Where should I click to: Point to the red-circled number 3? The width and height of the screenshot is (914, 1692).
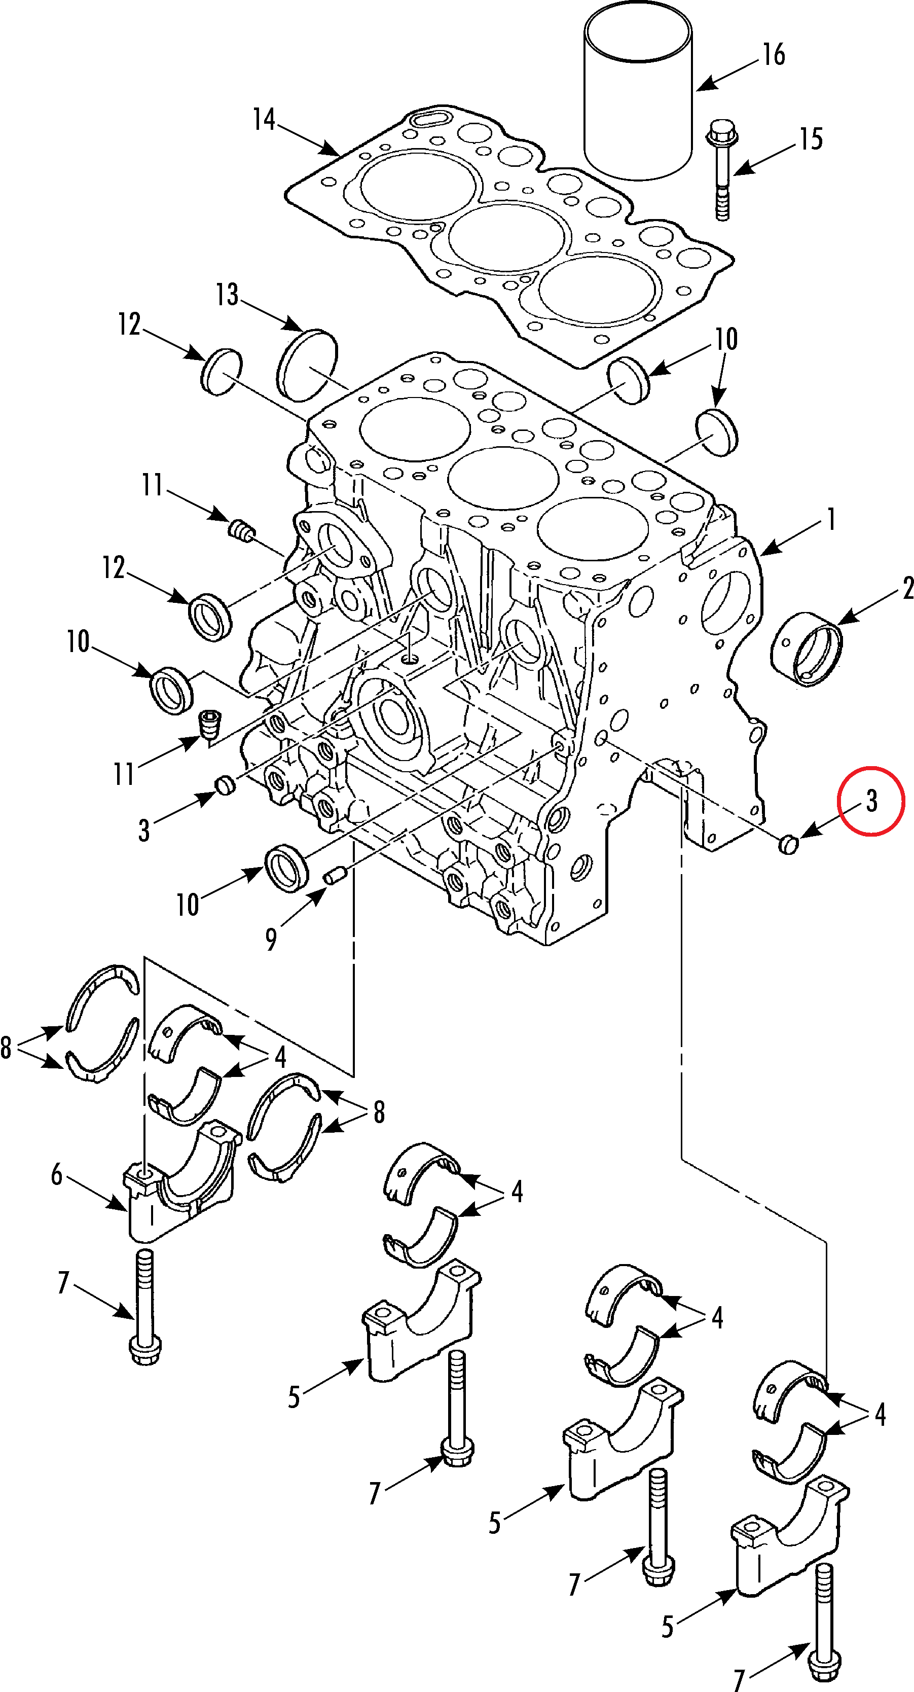pos(871,801)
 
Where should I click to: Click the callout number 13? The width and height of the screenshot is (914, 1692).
pos(227,295)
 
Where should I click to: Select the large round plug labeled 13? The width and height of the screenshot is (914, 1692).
pos(307,365)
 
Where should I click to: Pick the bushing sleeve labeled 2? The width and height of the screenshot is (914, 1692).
pos(807,649)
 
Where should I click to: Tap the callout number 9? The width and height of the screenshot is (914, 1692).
pos(271,939)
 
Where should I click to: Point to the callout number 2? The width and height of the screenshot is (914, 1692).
pos(907,588)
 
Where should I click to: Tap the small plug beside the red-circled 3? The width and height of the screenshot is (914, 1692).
pos(788,845)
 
